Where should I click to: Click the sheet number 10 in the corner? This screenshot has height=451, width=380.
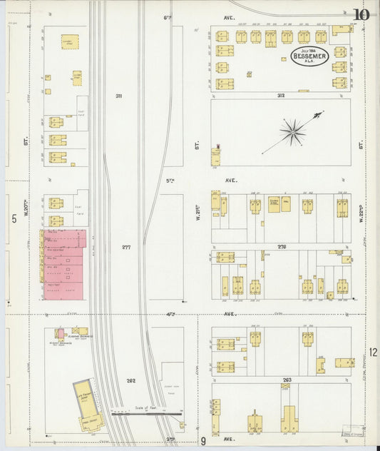[x=361, y=14]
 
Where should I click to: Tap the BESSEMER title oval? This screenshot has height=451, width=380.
[x=309, y=56]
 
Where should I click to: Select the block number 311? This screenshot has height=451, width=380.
[x=118, y=96]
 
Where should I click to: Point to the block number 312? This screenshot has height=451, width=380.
[x=281, y=94]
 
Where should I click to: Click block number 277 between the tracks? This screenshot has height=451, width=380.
[x=126, y=248]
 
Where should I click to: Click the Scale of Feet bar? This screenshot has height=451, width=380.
[x=145, y=412]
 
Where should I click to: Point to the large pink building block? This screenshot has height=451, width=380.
[x=65, y=264]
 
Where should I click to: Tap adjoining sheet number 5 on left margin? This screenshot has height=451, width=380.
[x=14, y=218]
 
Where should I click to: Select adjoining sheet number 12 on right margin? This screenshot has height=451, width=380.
[x=373, y=352]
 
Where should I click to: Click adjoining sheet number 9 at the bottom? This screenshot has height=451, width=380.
[x=203, y=441]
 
